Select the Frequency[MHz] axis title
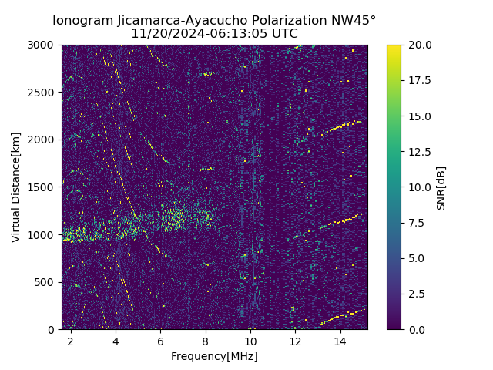pyautogui.click(x=214, y=356)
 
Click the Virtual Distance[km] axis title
pyautogui.click(x=16, y=187)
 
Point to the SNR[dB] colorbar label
pyautogui.click(x=441, y=187)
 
